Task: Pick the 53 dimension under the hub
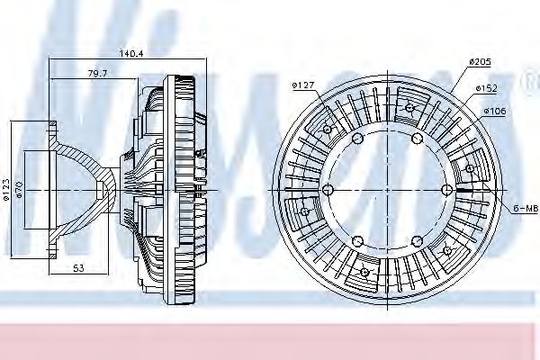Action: (78, 268)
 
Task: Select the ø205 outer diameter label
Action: (478, 61)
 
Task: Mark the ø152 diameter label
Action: (487, 87)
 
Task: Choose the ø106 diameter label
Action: (495, 112)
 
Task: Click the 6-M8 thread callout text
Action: (526, 208)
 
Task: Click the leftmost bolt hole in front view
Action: (327, 189)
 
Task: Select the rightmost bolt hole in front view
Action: (447, 189)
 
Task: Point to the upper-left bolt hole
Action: (357, 138)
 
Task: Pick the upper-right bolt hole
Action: (418, 138)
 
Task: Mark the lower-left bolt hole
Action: (357, 241)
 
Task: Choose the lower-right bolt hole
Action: (418, 241)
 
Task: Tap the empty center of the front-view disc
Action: (387, 189)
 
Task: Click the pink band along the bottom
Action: (270, 337)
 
